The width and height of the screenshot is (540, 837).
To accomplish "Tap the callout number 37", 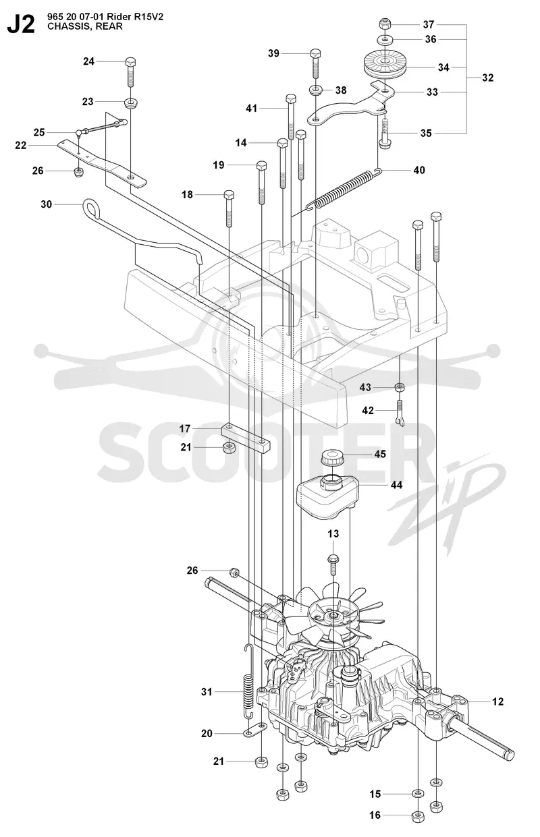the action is [429, 25].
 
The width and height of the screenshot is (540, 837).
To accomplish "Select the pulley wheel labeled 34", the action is [385, 65].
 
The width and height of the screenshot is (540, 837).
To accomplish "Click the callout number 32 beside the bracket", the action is [487, 78].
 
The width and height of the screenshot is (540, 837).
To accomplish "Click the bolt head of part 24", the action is [130, 61].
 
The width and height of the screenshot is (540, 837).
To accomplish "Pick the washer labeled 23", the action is [130, 102].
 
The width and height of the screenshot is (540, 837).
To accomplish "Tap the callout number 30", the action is [47, 204].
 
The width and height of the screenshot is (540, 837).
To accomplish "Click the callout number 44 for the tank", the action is [396, 485].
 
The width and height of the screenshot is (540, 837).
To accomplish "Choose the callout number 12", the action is [497, 701].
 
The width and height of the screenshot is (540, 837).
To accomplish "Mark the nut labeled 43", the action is [400, 386].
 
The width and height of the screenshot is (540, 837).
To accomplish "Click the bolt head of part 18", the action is [229, 195].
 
